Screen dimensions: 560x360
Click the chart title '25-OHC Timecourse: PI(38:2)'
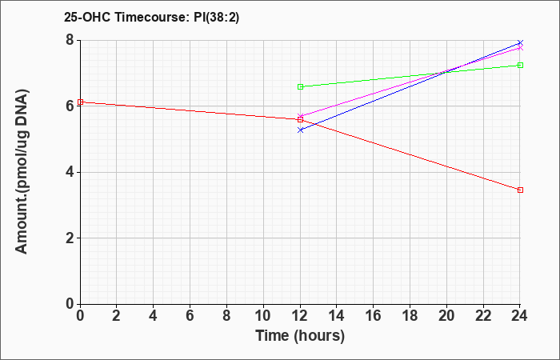151,18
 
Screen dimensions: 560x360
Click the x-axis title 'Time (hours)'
300,336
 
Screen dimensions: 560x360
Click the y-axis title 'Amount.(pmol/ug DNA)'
22,172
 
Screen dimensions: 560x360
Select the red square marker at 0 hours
80,102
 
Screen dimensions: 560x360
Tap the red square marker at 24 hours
520,190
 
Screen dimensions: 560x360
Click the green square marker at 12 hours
300,86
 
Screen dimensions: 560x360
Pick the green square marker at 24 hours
520,66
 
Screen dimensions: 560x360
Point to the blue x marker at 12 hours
300,130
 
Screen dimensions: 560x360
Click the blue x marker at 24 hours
520,43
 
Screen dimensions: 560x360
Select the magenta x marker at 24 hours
520,47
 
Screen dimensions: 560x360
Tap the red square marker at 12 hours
300,120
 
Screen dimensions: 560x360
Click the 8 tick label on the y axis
70,40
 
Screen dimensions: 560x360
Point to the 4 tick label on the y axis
70,172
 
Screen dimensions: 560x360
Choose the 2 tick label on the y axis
70,238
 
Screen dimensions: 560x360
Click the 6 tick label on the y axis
70,106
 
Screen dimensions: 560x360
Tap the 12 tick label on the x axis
300,316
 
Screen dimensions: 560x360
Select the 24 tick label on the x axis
520,316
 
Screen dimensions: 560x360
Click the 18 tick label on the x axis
410,316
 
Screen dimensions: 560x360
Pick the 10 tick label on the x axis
263,316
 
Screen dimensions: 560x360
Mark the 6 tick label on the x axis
190,316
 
